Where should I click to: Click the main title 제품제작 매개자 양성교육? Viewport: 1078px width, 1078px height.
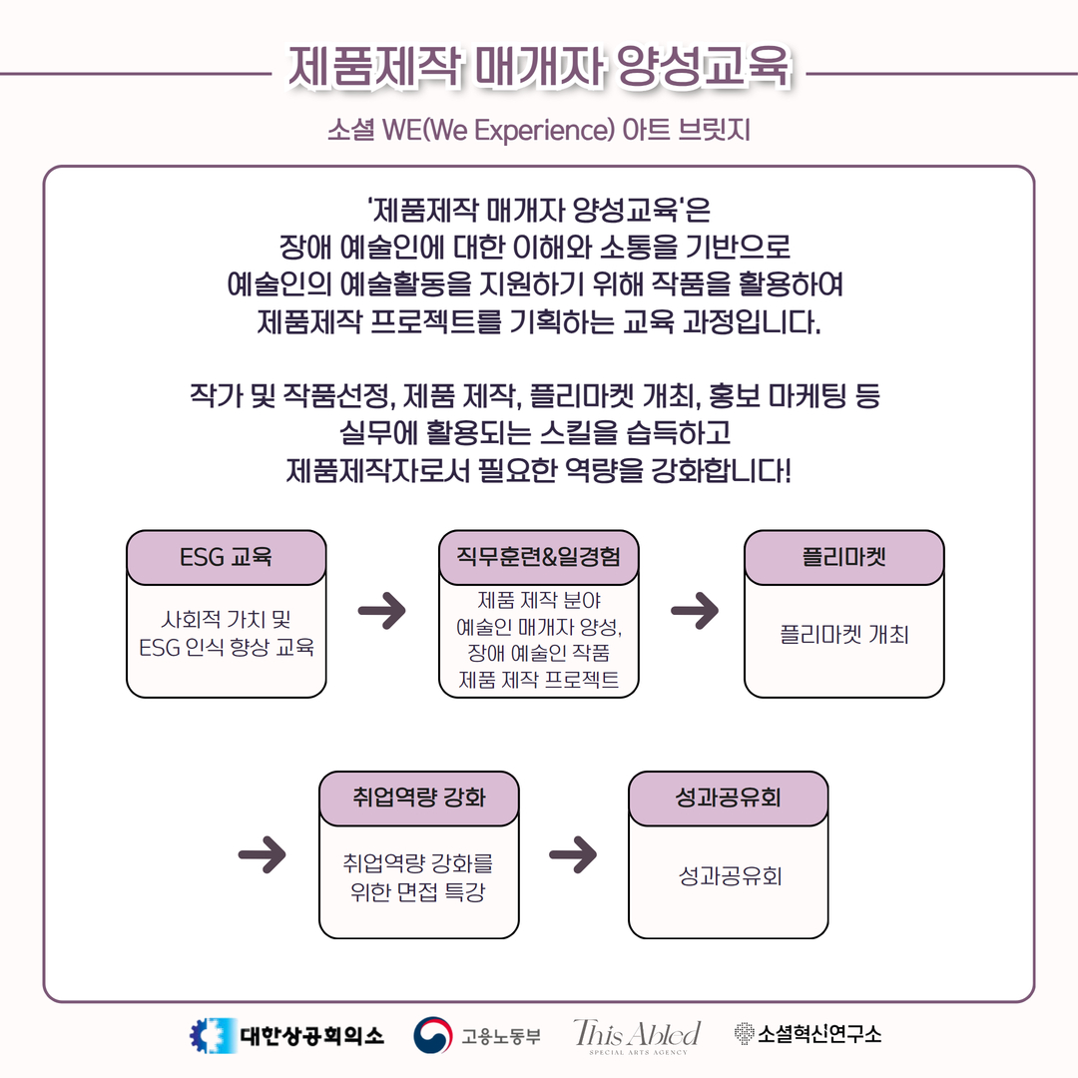point(540,68)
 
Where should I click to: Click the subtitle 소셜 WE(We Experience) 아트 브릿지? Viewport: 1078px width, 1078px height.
point(538,129)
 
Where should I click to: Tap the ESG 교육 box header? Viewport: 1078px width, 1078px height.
point(227,557)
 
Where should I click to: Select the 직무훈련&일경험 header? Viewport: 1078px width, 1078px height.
point(539,557)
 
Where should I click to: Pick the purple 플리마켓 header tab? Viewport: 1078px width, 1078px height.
point(844,557)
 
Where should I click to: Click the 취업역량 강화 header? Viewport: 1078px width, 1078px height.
point(418,798)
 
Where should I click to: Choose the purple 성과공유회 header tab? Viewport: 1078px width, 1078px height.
point(728,798)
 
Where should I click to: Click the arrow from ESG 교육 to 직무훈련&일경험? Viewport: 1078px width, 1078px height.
point(382,611)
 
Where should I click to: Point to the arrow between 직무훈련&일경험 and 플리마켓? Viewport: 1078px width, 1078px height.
point(695,611)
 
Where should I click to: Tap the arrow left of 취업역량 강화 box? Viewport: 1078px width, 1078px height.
point(262,854)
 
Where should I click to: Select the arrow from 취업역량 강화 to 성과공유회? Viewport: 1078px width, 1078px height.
point(573,854)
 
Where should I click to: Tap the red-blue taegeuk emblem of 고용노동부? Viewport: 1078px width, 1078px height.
point(433,1035)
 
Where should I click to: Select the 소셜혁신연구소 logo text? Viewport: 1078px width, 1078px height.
point(818,1034)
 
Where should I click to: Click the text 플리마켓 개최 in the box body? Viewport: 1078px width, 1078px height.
point(844,634)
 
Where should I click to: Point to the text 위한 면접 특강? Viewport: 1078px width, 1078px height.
point(418,891)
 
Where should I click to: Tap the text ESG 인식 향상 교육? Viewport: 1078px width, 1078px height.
point(227,647)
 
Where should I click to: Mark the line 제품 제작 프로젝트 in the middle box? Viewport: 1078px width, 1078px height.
point(539,680)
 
